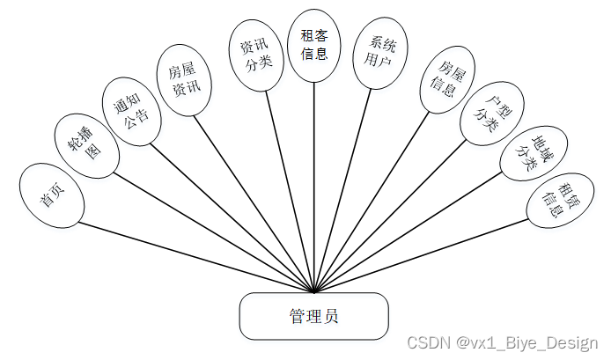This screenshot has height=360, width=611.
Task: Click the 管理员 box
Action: point(313,315)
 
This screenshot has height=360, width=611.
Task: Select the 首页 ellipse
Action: point(50,195)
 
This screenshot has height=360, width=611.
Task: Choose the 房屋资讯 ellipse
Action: point(184,81)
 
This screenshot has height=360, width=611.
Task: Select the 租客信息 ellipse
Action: point(314,46)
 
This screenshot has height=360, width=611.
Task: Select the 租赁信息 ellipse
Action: point(556,200)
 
